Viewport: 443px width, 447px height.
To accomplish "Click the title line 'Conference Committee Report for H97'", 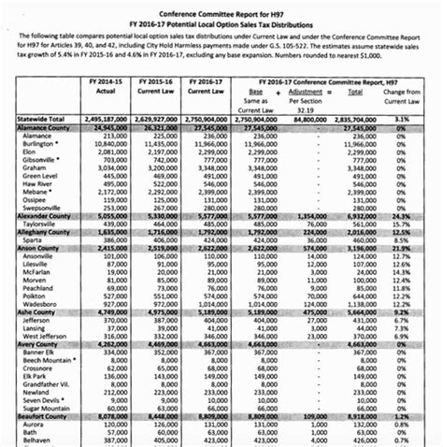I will click(x=221, y=7).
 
